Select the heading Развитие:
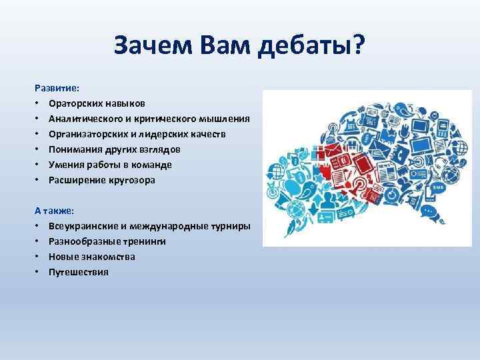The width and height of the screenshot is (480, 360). click(x=57, y=88)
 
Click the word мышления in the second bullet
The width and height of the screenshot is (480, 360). click(x=227, y=119)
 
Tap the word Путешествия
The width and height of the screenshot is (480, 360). click(x=78, y=272)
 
